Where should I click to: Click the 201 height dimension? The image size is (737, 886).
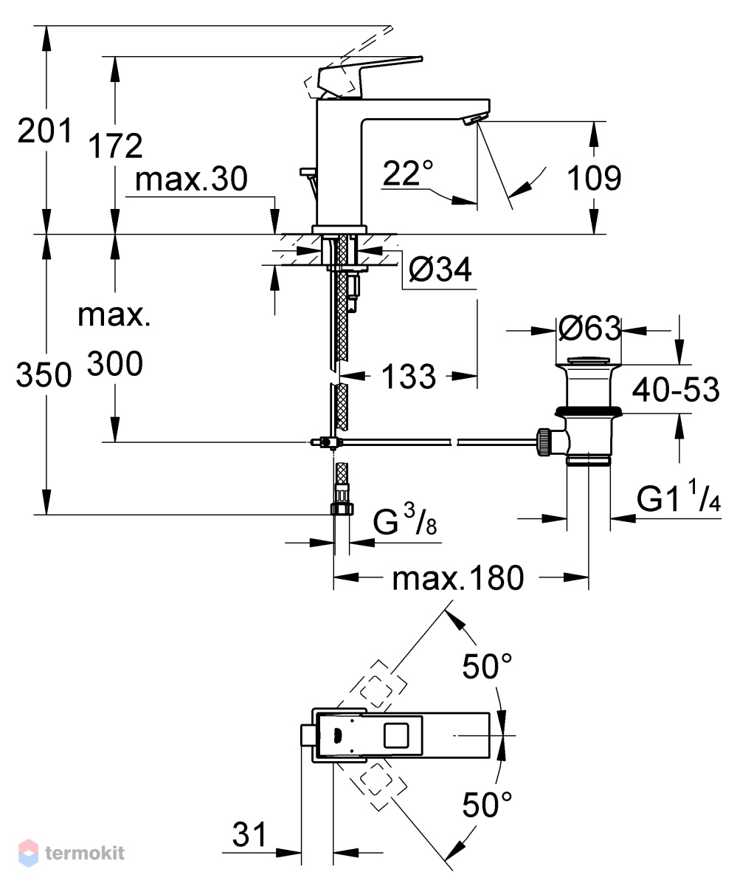[x=45, y=131]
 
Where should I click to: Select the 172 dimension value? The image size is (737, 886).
[x=115, y=146]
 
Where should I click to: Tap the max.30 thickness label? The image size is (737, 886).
[x=191, y=179]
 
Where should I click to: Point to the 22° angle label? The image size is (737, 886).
[x=408, y=173]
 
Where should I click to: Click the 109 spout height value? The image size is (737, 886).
[x=594, y=178]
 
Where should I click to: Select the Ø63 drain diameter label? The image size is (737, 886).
[x=589, y=329]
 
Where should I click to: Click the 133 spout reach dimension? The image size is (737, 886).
[x=409, y=376]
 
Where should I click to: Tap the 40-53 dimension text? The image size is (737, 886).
[x=676, y=389]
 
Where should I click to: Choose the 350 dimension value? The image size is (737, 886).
[x=44, y=374]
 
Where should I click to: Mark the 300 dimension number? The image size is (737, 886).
[x=115, y=363]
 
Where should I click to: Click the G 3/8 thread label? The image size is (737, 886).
[x=404, y=521]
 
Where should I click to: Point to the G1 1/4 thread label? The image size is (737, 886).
[x=679, y=495]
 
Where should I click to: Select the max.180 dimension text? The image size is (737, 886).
[x=458, y=578]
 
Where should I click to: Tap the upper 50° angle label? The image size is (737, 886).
[x=487, y=666]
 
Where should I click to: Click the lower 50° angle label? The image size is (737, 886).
[x=487, y=805]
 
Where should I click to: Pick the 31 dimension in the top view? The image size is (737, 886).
[x=249, y=834]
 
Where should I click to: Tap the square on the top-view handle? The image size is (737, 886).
[x=396, y=735]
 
